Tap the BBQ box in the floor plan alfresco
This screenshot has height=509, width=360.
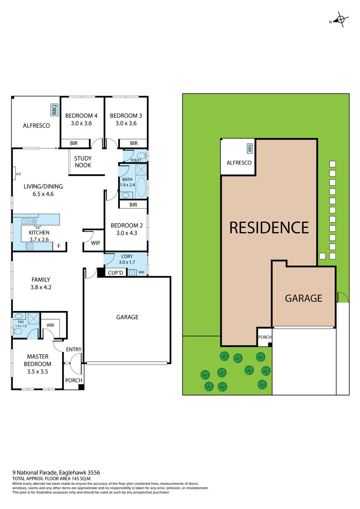coord(54,110)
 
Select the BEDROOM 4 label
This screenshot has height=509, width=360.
coord(81,116)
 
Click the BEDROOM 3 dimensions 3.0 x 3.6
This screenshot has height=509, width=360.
coord(126,123)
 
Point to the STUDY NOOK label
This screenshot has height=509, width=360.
coord(83,162)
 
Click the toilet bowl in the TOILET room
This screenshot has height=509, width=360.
coord(142,155)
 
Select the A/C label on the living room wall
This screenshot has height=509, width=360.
coord(19,174)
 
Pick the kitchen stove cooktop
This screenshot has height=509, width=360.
coord(30,246)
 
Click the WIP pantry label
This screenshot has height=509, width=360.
coord(96,243)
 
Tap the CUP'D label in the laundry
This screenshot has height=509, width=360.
coord(115,273)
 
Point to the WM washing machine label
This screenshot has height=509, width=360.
coord(141,272)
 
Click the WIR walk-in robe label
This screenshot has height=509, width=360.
coord(50,325)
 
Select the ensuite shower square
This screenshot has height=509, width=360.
coord(33,318)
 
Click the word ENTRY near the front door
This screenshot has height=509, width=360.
coord(73,349)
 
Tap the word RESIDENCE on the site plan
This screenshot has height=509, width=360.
coord(269,227)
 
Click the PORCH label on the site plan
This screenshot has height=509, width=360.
coord(265,337)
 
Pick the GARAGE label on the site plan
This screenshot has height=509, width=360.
coord(303,298)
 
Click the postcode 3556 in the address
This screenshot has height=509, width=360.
coord(94,473)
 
